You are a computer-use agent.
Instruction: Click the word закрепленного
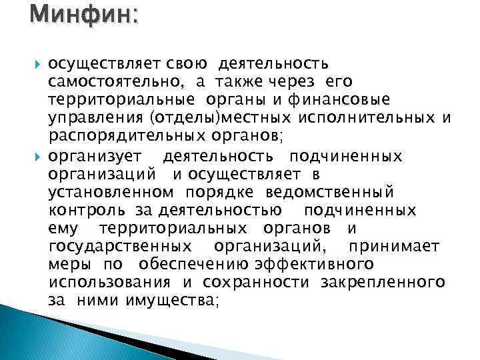382,283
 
